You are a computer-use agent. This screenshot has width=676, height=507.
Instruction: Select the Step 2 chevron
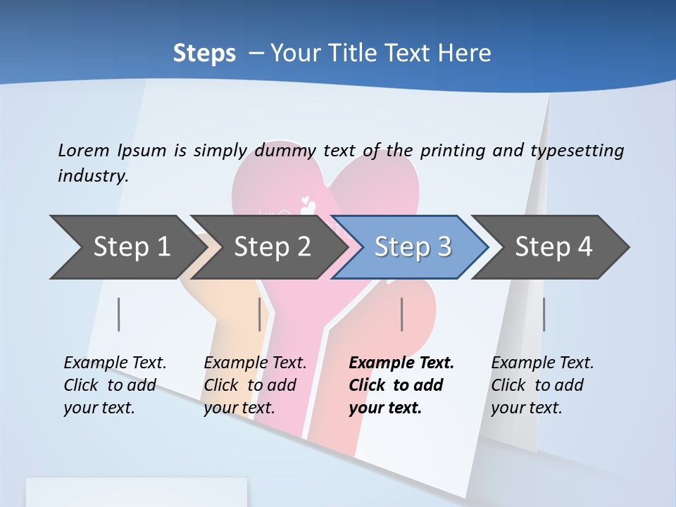point(272,247)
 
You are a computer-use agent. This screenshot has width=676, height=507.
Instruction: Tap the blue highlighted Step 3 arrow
point(412,247)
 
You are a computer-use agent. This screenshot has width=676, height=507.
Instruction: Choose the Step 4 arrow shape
point(553,247)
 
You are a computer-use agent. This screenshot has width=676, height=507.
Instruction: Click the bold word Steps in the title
point(204,53)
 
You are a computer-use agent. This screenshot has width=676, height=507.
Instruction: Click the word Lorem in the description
point(83,150)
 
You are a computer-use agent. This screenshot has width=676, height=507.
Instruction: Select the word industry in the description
point(93,175)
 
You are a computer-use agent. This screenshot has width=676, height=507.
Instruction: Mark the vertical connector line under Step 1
point(119,314)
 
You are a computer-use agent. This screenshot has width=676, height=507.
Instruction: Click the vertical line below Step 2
point(260,314)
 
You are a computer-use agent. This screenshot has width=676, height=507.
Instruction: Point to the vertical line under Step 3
point(401,314)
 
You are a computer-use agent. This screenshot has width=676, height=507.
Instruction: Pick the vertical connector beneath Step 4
point(544,314)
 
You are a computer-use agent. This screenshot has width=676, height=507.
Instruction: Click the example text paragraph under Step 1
point(115,385)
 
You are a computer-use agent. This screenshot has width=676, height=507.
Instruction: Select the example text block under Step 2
point(255,385)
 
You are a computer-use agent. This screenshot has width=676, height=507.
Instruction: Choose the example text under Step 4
point(542,385)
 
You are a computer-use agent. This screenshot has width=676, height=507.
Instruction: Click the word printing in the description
point(450,150)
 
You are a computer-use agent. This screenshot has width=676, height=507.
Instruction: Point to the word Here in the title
point(464,53)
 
